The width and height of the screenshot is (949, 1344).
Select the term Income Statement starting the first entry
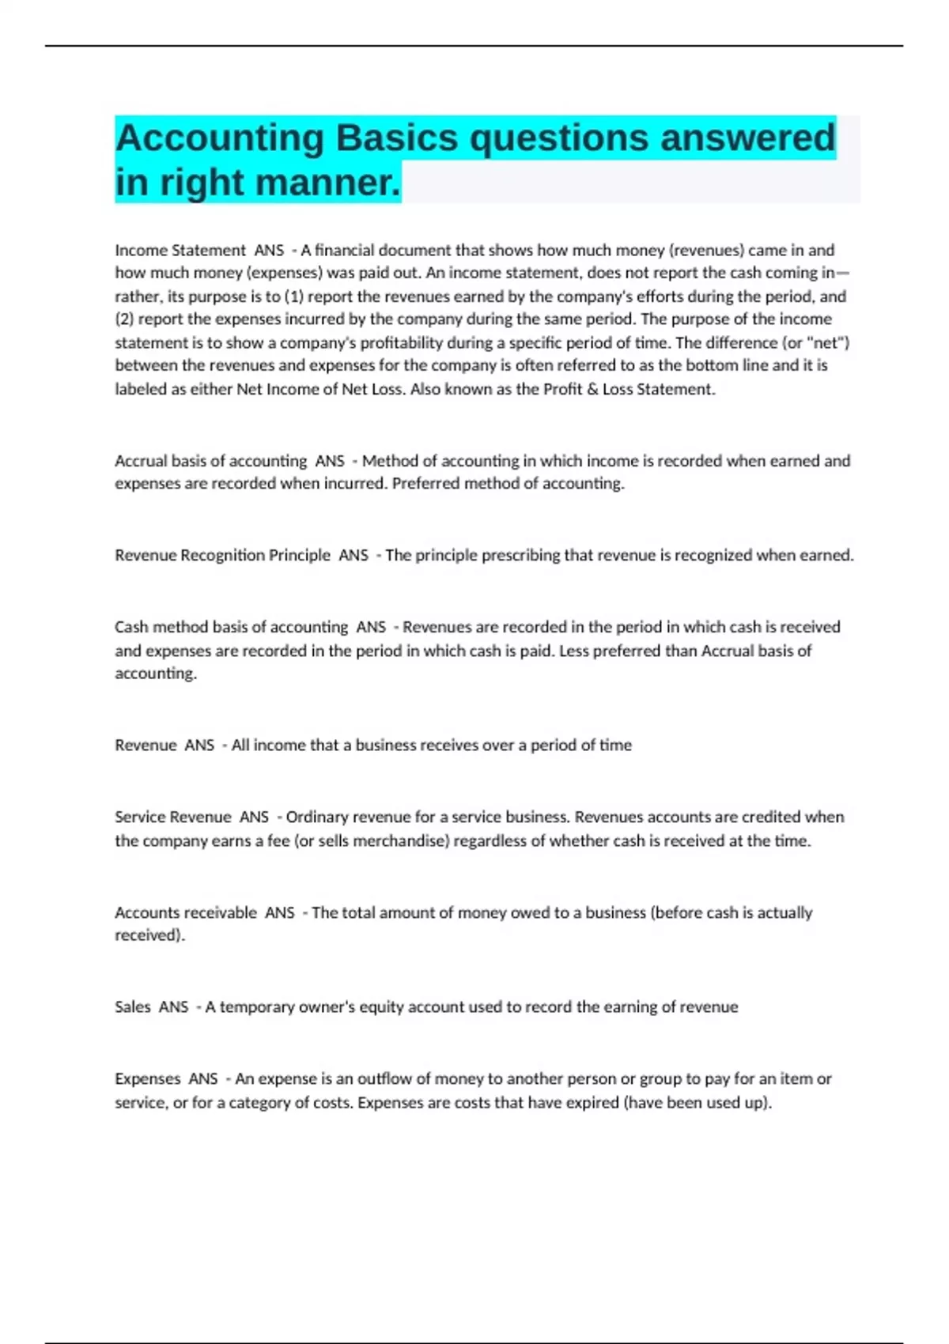coord(180,251)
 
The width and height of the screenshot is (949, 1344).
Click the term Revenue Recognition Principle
coord(222,555)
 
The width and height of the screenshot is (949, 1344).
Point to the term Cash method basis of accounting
coord(231,627)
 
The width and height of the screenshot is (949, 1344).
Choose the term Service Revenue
coord(172,817)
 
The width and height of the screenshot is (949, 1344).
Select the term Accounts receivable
coord(186,912)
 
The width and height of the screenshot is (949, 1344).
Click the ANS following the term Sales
coord(173,1007)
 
